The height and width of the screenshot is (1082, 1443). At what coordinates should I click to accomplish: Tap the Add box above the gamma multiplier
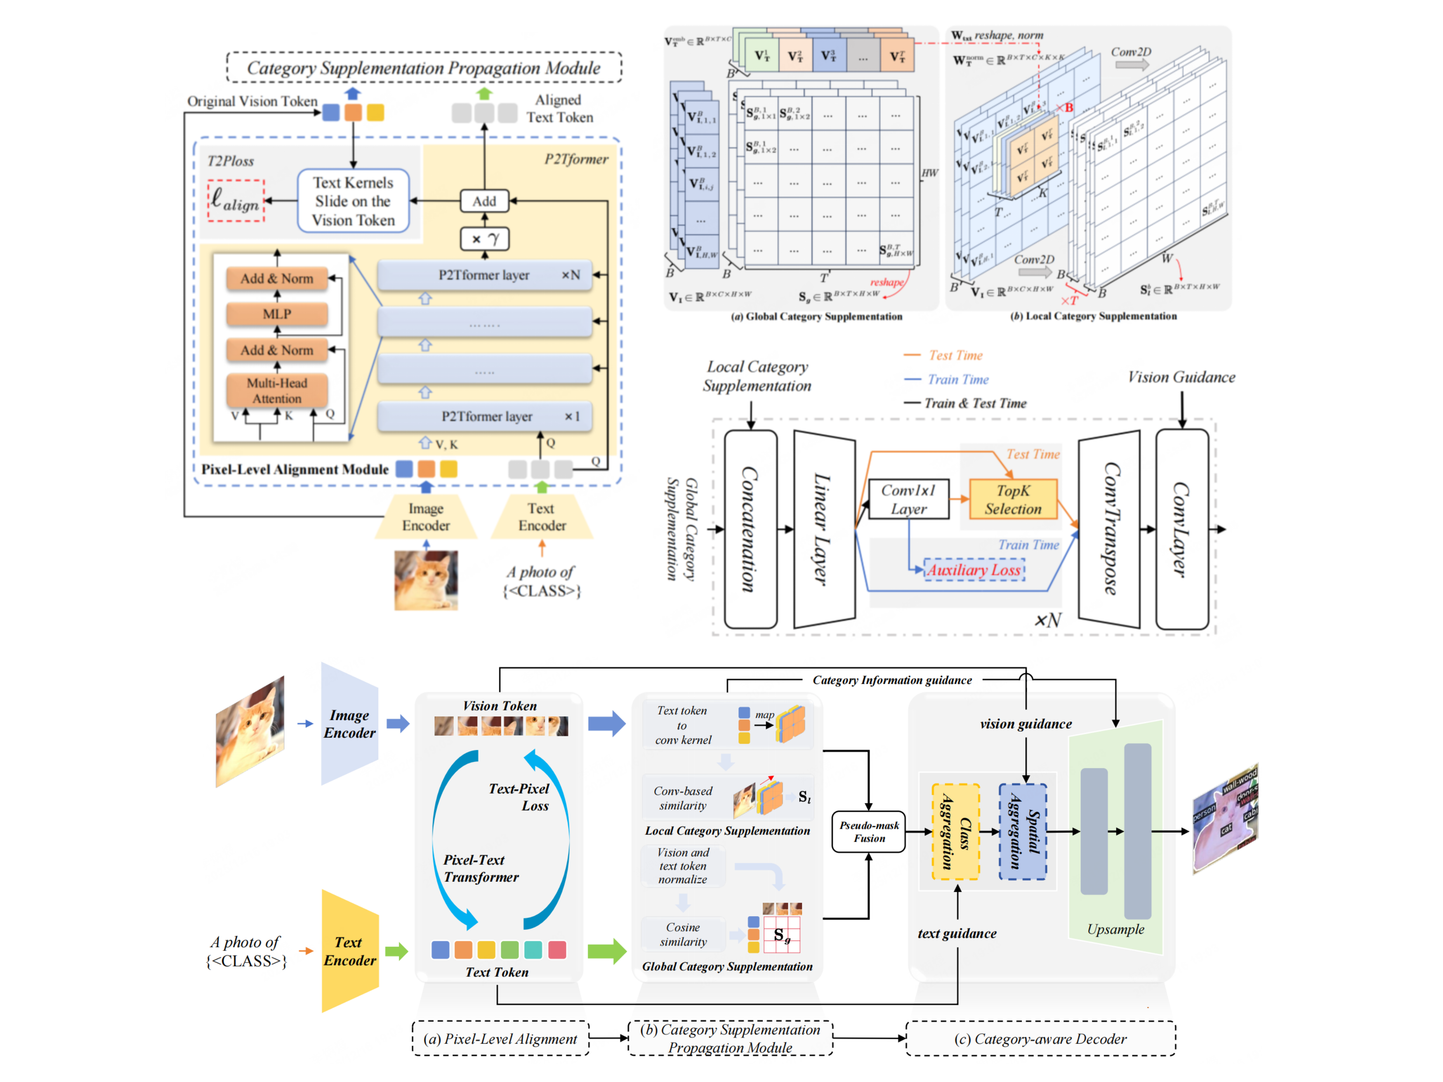click(x=484, y=201)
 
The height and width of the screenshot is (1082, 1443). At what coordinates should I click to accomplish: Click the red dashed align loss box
click(x=236, y=200)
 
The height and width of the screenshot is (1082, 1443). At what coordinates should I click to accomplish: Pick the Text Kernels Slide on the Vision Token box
click(x=353, y=201)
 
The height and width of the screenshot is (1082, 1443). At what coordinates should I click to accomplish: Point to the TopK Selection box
click(x=1012, y=500)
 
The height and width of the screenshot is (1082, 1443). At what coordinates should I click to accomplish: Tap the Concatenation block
click(x=750, y=529)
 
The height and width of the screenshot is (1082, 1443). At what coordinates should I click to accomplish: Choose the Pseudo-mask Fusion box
click(x=869, y=832)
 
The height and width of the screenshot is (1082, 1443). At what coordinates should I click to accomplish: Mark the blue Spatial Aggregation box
click(x=1023, y=832)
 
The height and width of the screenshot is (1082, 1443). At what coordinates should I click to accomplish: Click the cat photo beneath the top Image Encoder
click(x=426, y=580)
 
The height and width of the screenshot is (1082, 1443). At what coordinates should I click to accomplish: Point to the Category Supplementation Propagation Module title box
click(x=424, y=68)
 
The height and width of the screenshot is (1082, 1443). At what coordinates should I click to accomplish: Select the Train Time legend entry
click(x=957, y=380)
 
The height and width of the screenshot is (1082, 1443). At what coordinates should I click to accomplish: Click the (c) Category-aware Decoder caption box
click(x=1040, y=1039)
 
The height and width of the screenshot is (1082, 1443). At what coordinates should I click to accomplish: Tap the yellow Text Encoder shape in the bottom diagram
click(x=350, y=951)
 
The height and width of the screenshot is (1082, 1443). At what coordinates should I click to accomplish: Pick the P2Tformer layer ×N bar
click(x=484, y=275)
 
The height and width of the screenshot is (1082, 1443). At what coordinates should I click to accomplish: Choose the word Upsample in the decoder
click(x=1115, y=929)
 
